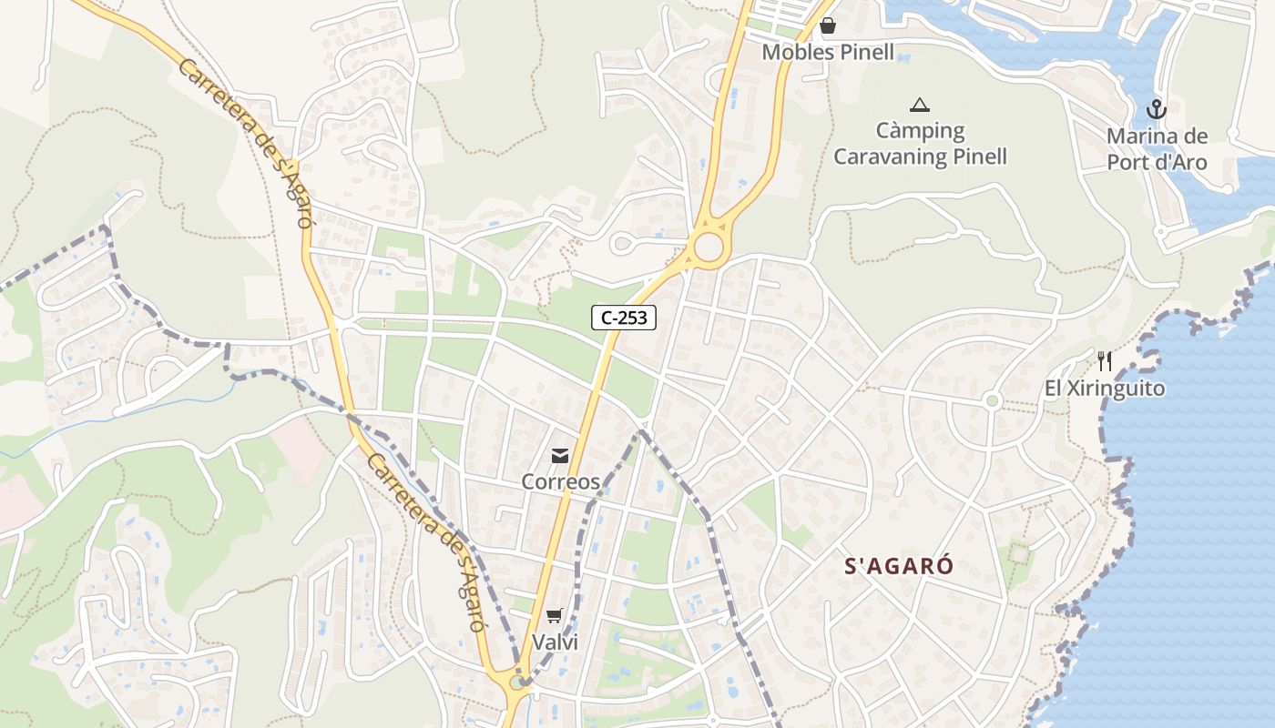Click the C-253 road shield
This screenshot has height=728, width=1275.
[624, 318]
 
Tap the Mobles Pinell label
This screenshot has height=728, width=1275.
[828, 52]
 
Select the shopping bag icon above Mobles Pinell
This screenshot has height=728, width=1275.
[828, 26]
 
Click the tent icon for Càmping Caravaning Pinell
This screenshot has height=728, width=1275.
[920, 105]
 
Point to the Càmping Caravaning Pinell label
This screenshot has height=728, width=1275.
[920, 144]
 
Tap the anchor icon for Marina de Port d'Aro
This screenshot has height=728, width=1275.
[1156, 110]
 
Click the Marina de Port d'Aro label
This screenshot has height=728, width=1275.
[1157, 150]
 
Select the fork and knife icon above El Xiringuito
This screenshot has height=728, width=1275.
[1105, 361]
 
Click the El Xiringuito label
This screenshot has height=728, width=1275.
[1105, 389]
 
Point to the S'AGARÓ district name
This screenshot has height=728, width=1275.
[899, 566]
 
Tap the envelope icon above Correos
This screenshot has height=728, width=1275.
[560, 455]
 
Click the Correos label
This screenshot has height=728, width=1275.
[560, 481]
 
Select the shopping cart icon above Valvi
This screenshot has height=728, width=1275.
[555, 616]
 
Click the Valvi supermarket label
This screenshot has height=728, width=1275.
[555, 642]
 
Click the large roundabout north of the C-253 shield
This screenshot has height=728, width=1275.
[708, 246]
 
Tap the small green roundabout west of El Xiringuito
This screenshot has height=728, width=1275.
[993, 400]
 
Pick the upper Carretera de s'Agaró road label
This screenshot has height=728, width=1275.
[246, 144]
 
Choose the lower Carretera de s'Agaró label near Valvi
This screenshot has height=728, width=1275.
[425, 542]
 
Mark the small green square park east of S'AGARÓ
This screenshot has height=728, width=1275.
[1018, 552]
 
